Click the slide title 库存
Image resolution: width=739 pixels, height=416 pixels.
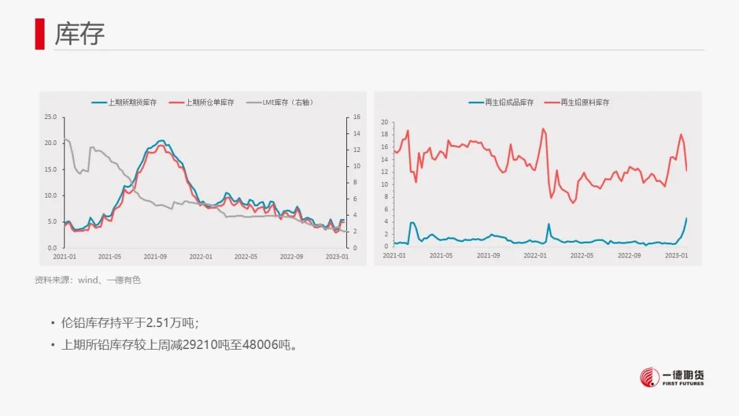[79, 33]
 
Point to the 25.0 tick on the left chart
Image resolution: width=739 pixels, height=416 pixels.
[50, 117]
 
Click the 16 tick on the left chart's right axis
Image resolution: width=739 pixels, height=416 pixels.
[356, 117]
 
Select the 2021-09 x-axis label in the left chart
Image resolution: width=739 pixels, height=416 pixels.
[155, 257]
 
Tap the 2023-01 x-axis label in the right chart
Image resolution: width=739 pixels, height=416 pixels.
[676, 255]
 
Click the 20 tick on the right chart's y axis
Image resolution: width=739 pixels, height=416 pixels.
[385, 122]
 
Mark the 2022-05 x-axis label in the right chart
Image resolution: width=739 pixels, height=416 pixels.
[582, 255]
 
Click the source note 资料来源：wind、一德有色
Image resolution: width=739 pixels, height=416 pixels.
[88, 280]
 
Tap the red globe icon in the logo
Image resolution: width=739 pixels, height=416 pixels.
[649, 377]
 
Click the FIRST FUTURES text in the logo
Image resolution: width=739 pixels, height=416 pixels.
[683, 384]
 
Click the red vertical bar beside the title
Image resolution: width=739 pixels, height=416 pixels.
[40, 34]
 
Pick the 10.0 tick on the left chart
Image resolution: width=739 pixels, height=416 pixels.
[50, 196]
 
